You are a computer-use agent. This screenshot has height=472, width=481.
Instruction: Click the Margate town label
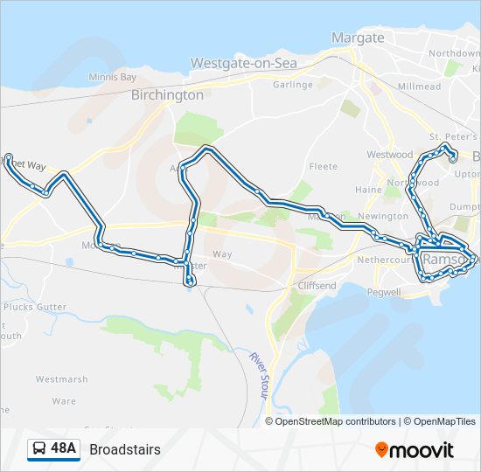click(x=357, y=38)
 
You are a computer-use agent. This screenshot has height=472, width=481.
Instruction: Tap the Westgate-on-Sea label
click(x=244, y=63)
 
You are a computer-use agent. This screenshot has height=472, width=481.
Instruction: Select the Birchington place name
click(x=167, y=95)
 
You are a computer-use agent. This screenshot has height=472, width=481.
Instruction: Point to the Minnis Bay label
click(x=113, y=77)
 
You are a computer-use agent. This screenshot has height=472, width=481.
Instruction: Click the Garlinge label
click(x=292, y=85)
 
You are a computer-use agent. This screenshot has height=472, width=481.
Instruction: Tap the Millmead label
click(x=419, y=87)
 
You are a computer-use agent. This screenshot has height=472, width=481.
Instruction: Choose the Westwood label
click(x=389, y=155)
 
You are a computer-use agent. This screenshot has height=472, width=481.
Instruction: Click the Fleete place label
click(x=323, y=166)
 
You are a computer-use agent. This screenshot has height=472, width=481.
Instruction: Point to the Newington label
click(x=383, y=216)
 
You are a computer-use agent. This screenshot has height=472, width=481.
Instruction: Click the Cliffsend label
click(x=316, y=286)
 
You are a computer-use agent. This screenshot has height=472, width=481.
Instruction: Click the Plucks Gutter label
click(x=35, y=307)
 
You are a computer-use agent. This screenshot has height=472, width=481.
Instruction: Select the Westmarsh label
click(x=61, y=379)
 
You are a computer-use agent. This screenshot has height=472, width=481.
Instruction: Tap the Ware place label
click(x=64, y=401)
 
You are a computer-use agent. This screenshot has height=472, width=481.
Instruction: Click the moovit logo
click(x=415, y=450)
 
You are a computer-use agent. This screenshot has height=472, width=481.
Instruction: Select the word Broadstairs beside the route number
click(x=125, y=450)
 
